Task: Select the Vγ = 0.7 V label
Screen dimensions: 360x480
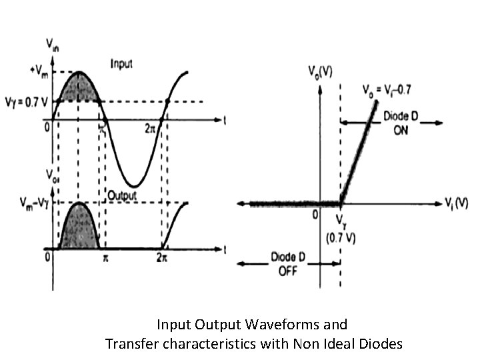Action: (x=27, y=102)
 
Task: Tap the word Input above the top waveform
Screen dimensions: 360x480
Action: (x=121, y=64)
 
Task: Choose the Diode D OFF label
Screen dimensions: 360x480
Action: (x=288, y=263)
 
